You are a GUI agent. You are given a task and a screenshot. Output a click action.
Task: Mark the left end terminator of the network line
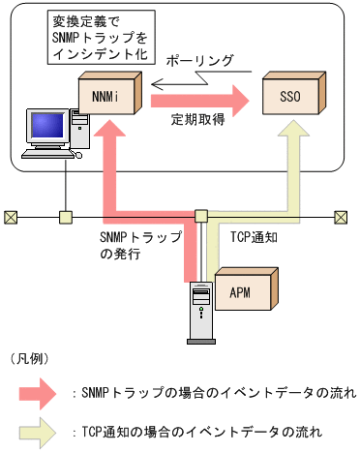click(x=11, y=215)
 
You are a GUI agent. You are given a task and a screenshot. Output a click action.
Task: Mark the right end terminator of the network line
click(x=340, y=215)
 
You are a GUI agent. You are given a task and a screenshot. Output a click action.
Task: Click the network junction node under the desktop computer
click(x=66, y=215)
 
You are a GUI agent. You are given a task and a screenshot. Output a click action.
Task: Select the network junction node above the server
click(x=201, y=215)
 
